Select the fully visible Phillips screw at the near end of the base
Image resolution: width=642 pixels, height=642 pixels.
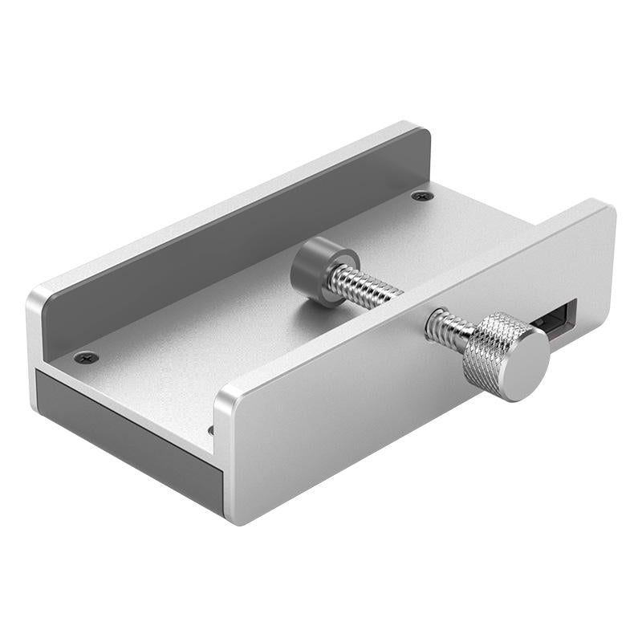(86, 357)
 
